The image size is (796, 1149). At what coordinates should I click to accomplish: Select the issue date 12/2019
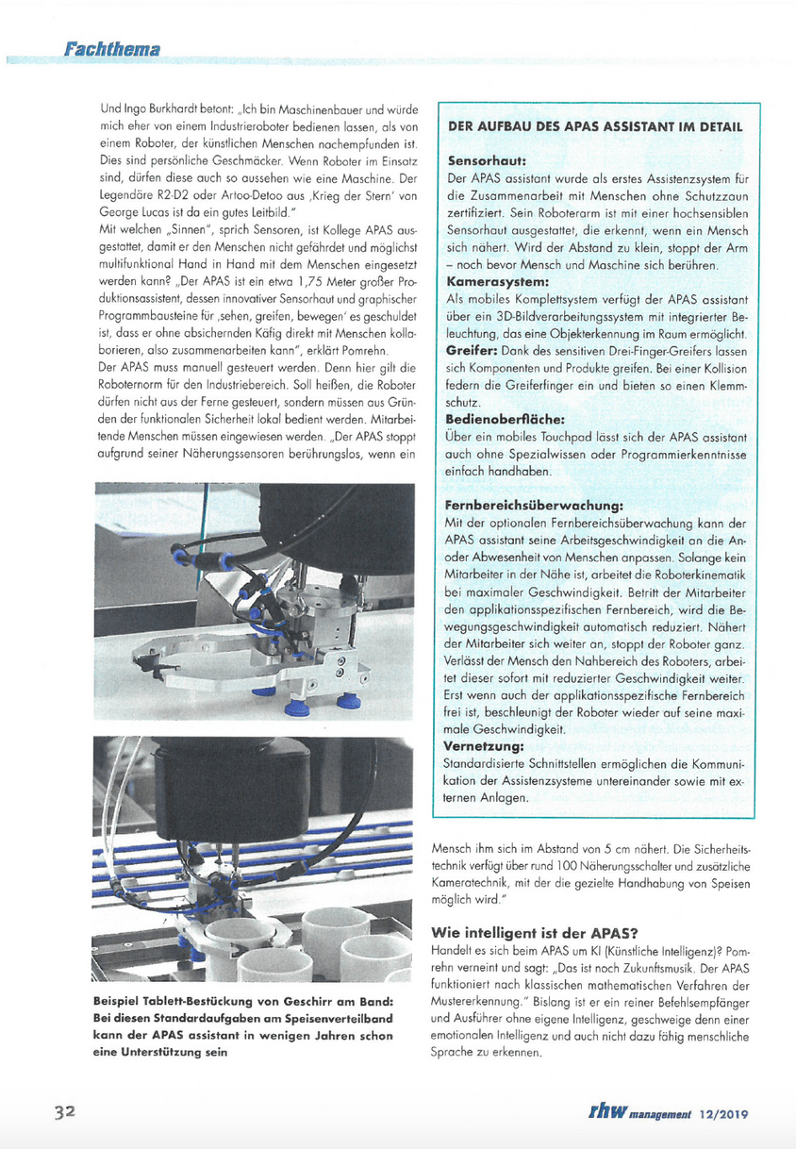point(723,1113)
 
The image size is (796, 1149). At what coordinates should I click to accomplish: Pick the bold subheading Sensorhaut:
point(486,160)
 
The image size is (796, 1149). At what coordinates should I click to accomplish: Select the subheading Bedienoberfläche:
point(505,419)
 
